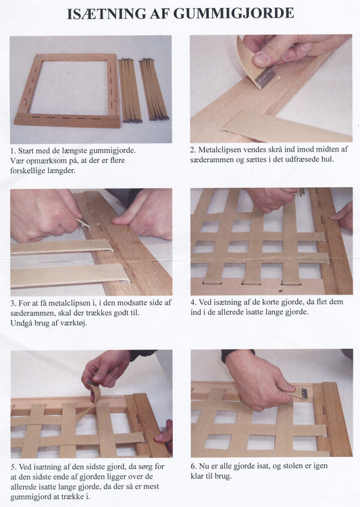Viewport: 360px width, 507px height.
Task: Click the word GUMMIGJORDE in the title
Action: [x=234, y=14]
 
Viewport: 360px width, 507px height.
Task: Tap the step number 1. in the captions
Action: [x=13, y=151]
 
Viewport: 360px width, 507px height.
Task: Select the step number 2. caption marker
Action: [x=193, y=149]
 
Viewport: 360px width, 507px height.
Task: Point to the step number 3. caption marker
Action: [x=14, y=304]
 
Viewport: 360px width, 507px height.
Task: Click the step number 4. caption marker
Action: [x=193, y=302]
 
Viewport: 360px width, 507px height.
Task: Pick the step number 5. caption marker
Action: [x=14, y=467]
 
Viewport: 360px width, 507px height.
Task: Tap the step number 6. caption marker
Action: [x=193, y=466]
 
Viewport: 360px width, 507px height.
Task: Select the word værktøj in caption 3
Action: [x=74, y=323]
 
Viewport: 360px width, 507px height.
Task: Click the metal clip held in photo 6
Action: [x=305, y=393]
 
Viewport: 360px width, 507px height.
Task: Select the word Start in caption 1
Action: [x=26, y=151]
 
